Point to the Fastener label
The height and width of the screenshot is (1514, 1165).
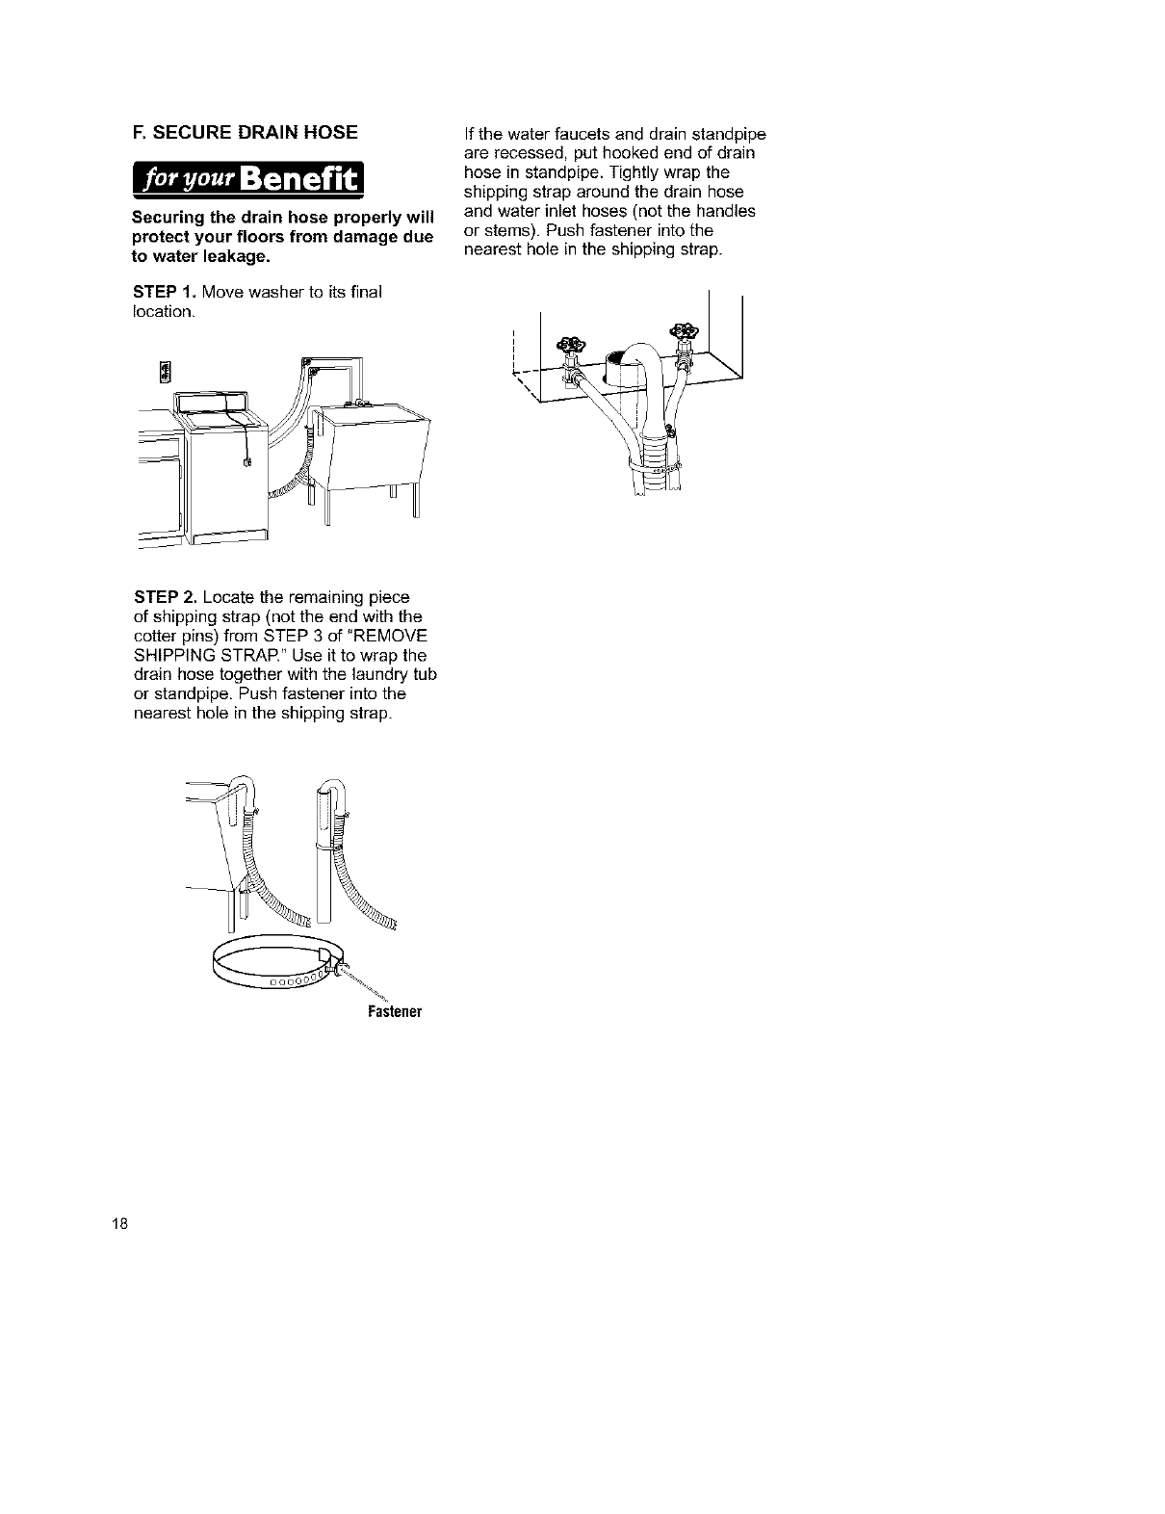(396, 1012)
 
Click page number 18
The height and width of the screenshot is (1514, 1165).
(118, 1225)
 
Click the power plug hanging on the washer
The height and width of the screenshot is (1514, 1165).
(247, 462)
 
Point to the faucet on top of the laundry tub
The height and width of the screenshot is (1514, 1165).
(359, 401)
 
